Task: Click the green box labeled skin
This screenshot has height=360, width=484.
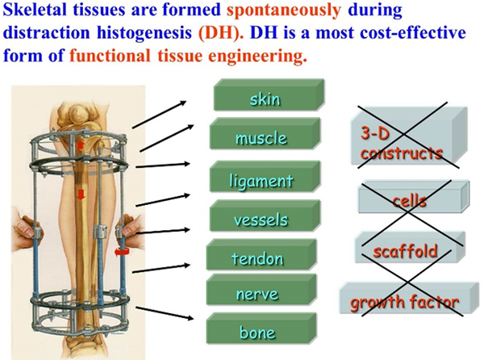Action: [x=269, y=95]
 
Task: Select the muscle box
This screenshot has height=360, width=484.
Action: [x=265, y=134]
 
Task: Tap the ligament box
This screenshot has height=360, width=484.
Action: [x=265, y=177]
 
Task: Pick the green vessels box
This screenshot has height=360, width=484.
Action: [x=265, y=216]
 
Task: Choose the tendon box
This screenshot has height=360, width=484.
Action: [x=261, y=255]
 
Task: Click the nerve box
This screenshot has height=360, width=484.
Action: [x=261, y=290]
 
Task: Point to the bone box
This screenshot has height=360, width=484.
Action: [x=261, y=329]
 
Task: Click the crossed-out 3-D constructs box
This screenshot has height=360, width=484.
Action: [x=409, y=136]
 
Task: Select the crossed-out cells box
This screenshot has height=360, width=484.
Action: [x=414, y=197]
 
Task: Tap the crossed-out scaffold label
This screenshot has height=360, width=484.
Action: [x=406, y=251]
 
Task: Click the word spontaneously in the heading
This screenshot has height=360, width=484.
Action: [x=284, y=10]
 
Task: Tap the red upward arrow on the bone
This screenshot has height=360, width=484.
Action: [x=80, y=145]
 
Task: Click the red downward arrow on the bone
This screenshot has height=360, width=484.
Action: [x=81, y=195]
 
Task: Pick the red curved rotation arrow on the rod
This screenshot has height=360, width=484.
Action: [x=120, y=252]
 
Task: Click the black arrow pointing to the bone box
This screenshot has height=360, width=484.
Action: [x=165, y=313]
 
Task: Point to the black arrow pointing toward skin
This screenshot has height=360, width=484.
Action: [x=159, y=115]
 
